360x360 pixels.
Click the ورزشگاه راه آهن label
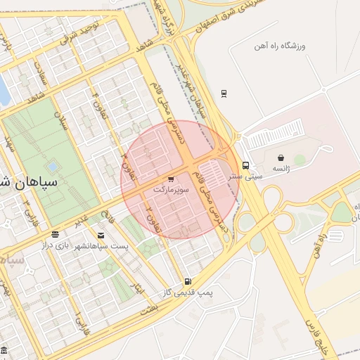280,46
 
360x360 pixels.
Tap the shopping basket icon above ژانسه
281,157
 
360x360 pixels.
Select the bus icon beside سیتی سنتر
245,166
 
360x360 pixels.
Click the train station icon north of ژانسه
224,93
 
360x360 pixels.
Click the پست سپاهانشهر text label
103,246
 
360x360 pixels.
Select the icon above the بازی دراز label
55,234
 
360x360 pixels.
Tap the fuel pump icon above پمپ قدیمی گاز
187,281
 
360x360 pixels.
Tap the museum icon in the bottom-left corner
4,349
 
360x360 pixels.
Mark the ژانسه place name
281,169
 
